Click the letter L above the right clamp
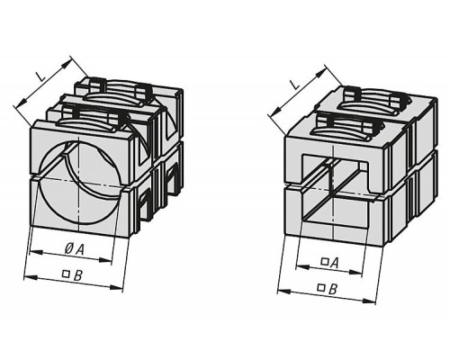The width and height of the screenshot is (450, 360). pos(294,84)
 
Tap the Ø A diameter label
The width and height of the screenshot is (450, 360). pos(74,248)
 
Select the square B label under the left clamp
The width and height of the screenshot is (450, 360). pos(72,274)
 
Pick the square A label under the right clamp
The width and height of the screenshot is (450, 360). pos(330,263)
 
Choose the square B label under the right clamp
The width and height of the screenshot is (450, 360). pos(328,289)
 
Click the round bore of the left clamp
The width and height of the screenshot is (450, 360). pos(78,182)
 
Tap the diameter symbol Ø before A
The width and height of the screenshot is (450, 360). pos(68,248)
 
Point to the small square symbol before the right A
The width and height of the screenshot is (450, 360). pos(324,261)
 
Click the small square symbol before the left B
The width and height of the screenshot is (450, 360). pos(66,274)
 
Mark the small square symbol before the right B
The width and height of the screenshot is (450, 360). pos(321,287)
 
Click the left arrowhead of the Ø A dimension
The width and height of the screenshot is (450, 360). pos(35,253)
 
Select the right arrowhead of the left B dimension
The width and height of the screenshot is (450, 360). pos(116,288)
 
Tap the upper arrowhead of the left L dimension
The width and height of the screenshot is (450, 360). pos(67,63)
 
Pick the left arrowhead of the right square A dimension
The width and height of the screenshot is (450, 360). pos(302,266)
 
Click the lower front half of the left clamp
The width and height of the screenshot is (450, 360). pos(80,207)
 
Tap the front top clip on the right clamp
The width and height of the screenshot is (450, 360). pos(349,125)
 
